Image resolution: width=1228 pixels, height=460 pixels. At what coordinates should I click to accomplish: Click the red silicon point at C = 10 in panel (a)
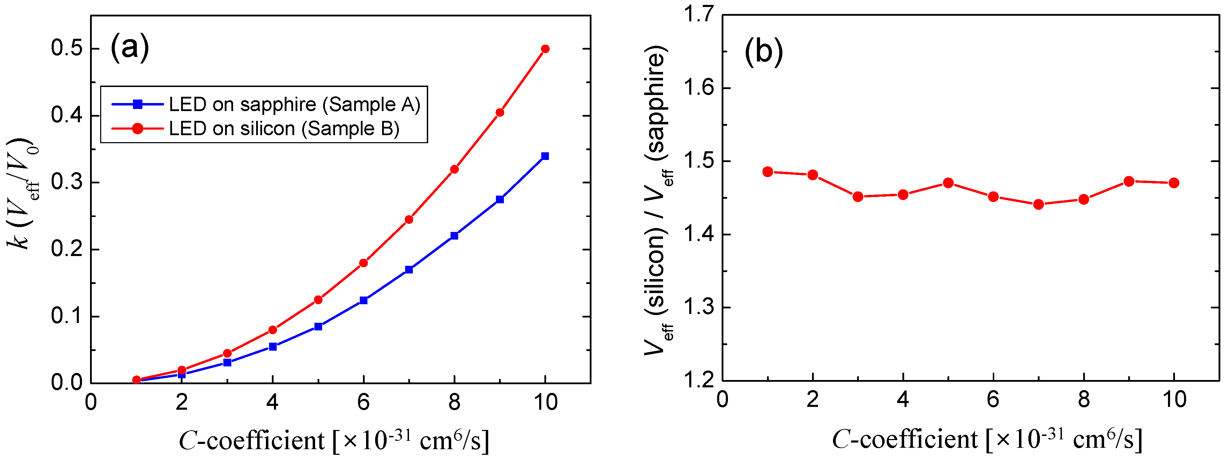[x=545, y=49]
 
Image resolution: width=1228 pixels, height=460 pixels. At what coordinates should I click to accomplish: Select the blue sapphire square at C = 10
[x=545, y=156]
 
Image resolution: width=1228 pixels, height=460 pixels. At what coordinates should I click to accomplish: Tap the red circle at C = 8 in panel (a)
[x=454, y=169]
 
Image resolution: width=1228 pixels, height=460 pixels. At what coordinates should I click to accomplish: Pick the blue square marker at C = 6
[x=363, y=300]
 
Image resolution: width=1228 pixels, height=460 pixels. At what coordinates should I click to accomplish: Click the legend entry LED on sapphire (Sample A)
[x=294, y=104]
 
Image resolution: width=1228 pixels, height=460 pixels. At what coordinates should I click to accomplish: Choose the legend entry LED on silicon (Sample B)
[x=284, y=129]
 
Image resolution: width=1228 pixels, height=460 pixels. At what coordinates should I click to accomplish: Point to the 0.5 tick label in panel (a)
[x=67, y=49]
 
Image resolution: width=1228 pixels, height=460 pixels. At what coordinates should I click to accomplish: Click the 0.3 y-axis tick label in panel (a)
[x=67, y=182]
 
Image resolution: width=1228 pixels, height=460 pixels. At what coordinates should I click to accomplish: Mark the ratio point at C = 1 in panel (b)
[x=767, y=172]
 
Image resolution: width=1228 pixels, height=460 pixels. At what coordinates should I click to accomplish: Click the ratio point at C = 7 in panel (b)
[x=1038, y=204]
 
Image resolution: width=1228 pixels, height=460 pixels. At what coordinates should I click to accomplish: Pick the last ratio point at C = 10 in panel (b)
[x=1174, y=183]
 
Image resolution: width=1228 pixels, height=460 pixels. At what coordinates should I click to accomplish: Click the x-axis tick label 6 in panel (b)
[x=993, y=399]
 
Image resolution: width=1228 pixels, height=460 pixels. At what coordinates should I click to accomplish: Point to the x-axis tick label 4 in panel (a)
[x=272, y=402]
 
